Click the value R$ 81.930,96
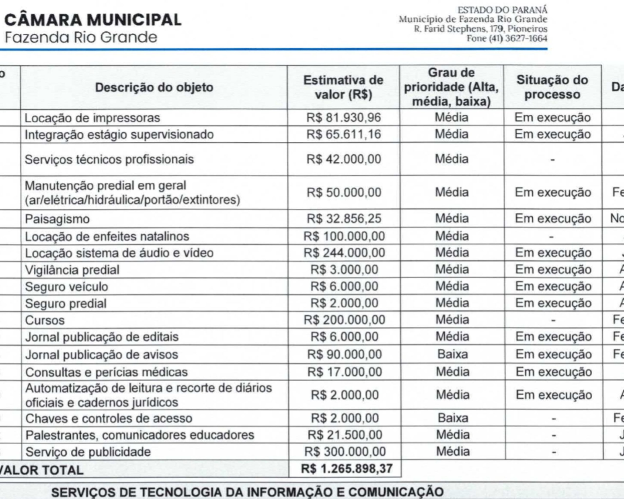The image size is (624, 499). (x=344, y=118)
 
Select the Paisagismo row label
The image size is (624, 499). (x=57, y=219)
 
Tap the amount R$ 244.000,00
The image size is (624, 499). (x=344, y=253)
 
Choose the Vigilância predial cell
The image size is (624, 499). (x=72, y=270)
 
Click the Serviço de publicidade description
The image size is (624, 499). (x=88, y=452)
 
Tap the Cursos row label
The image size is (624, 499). (x=45, y=320)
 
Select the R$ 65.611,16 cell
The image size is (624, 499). (x=344, y=134)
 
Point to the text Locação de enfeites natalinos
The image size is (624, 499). (x=107, y=237)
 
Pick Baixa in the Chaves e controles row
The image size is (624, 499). (x=453, y=418)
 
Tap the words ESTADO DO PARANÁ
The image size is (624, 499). (x=502, y=10)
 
